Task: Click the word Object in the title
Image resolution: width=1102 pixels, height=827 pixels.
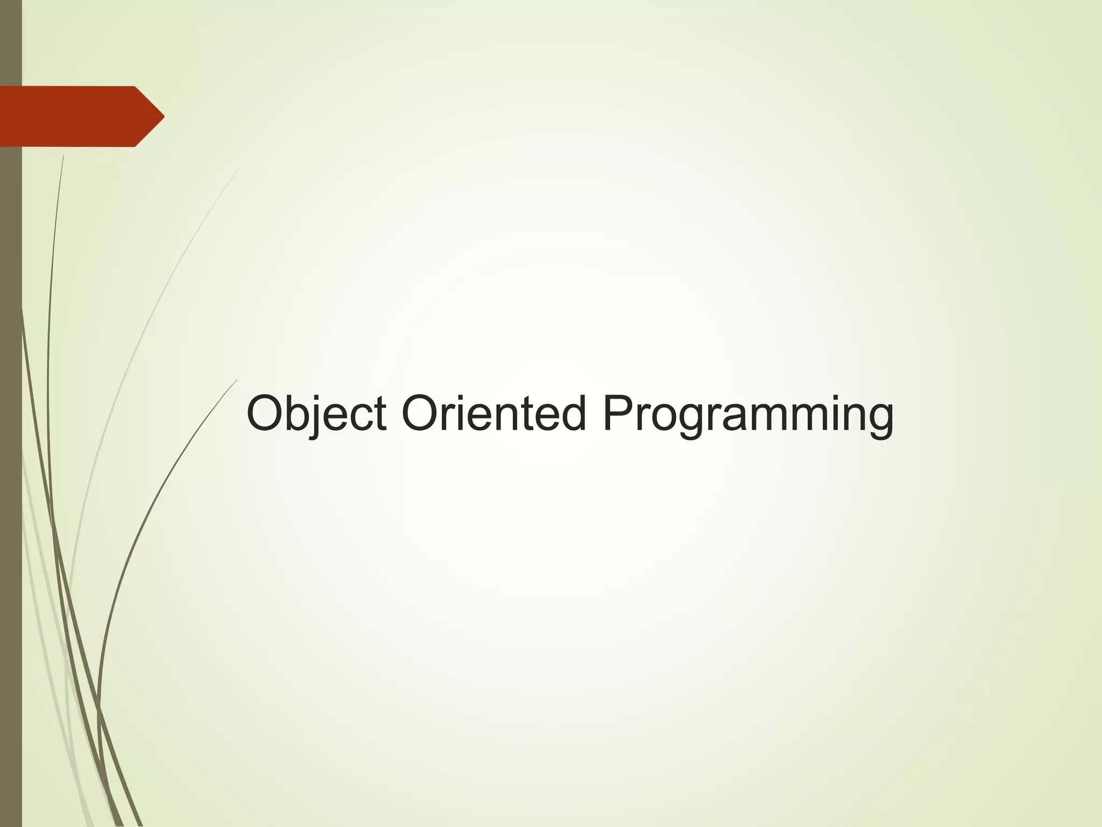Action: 316,413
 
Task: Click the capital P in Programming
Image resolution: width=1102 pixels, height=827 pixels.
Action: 617,413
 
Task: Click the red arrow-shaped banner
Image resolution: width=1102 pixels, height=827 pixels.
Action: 75,116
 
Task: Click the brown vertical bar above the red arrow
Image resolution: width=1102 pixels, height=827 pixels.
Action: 11,43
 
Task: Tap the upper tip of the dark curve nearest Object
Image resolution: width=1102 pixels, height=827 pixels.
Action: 237,380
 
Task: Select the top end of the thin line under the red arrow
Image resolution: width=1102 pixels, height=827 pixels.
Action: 63,156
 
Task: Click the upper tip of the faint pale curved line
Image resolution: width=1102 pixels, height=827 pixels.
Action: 238,170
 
